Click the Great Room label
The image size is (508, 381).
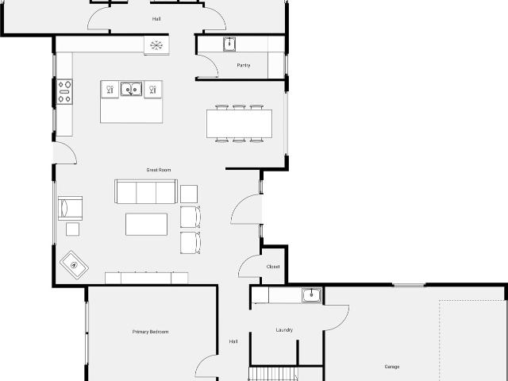click(x=159, y=170)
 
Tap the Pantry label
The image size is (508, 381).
click(x=244, y=65)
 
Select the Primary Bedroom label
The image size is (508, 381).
click(x=150, y=332)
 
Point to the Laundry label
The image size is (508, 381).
click(x=284, y=330)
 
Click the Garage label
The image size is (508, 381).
click(x=391, y=367)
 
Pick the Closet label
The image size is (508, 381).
click(x=273, y=267)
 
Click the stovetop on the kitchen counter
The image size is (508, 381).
click(x=64, y=92)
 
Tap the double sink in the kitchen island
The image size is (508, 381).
click(x=131, y=89)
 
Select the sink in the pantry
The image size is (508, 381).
click(x=229, y=44)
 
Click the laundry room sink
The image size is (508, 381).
click(x=312, y=295)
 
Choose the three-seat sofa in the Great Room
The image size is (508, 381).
click(x=146, y=191)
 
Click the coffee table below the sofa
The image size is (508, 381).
click(x=146, y=224)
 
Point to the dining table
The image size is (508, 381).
click(x=239, y=124)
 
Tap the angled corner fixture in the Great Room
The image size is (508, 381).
click(x=74, y=265)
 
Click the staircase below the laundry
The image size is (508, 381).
click(x=273, y=374)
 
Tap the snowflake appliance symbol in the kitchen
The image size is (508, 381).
click(x=156, y=45)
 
